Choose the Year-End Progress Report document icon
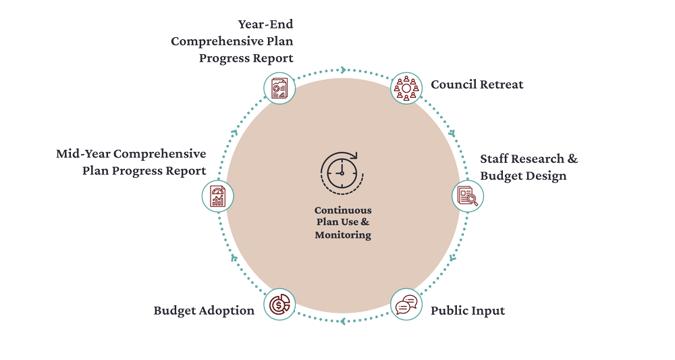point(279,87)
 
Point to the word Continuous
point(342,210)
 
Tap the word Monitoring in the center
point(342,235)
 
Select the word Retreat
point(502,85)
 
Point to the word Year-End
point(266,25)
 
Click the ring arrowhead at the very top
point(342,70)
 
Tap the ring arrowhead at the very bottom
point(343,322)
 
